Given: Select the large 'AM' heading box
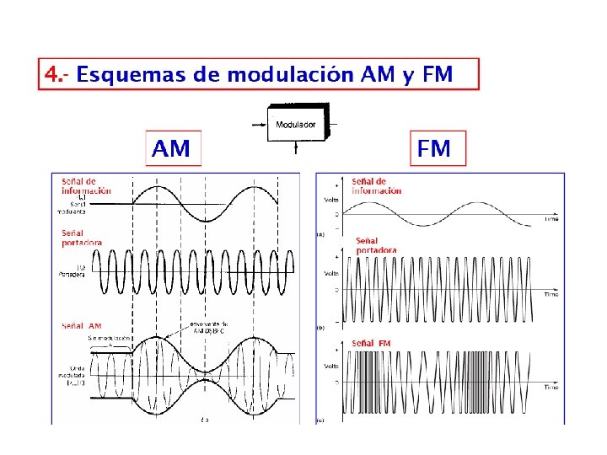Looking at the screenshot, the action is click(172, 149).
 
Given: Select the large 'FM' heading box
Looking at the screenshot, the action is click(435, 149).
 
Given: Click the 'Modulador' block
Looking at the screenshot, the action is click(296, 124).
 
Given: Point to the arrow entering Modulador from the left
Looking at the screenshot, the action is click(258, 126).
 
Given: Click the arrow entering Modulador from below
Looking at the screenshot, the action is click(296, 148).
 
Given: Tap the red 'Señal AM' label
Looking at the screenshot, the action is click(82, 326).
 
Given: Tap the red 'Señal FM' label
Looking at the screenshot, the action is click(371, 343).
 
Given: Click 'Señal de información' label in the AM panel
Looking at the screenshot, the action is click(85, 186).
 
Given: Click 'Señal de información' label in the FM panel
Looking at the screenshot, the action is click(376, 185).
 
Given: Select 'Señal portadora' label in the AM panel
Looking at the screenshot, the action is click(82, 238).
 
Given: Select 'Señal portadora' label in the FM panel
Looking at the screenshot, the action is click(376, 245).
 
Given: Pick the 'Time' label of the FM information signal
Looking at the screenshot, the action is click(551, 218).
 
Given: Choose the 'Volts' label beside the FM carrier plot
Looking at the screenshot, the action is click(332, 273).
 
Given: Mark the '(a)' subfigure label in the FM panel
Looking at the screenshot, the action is click(320, 234).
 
